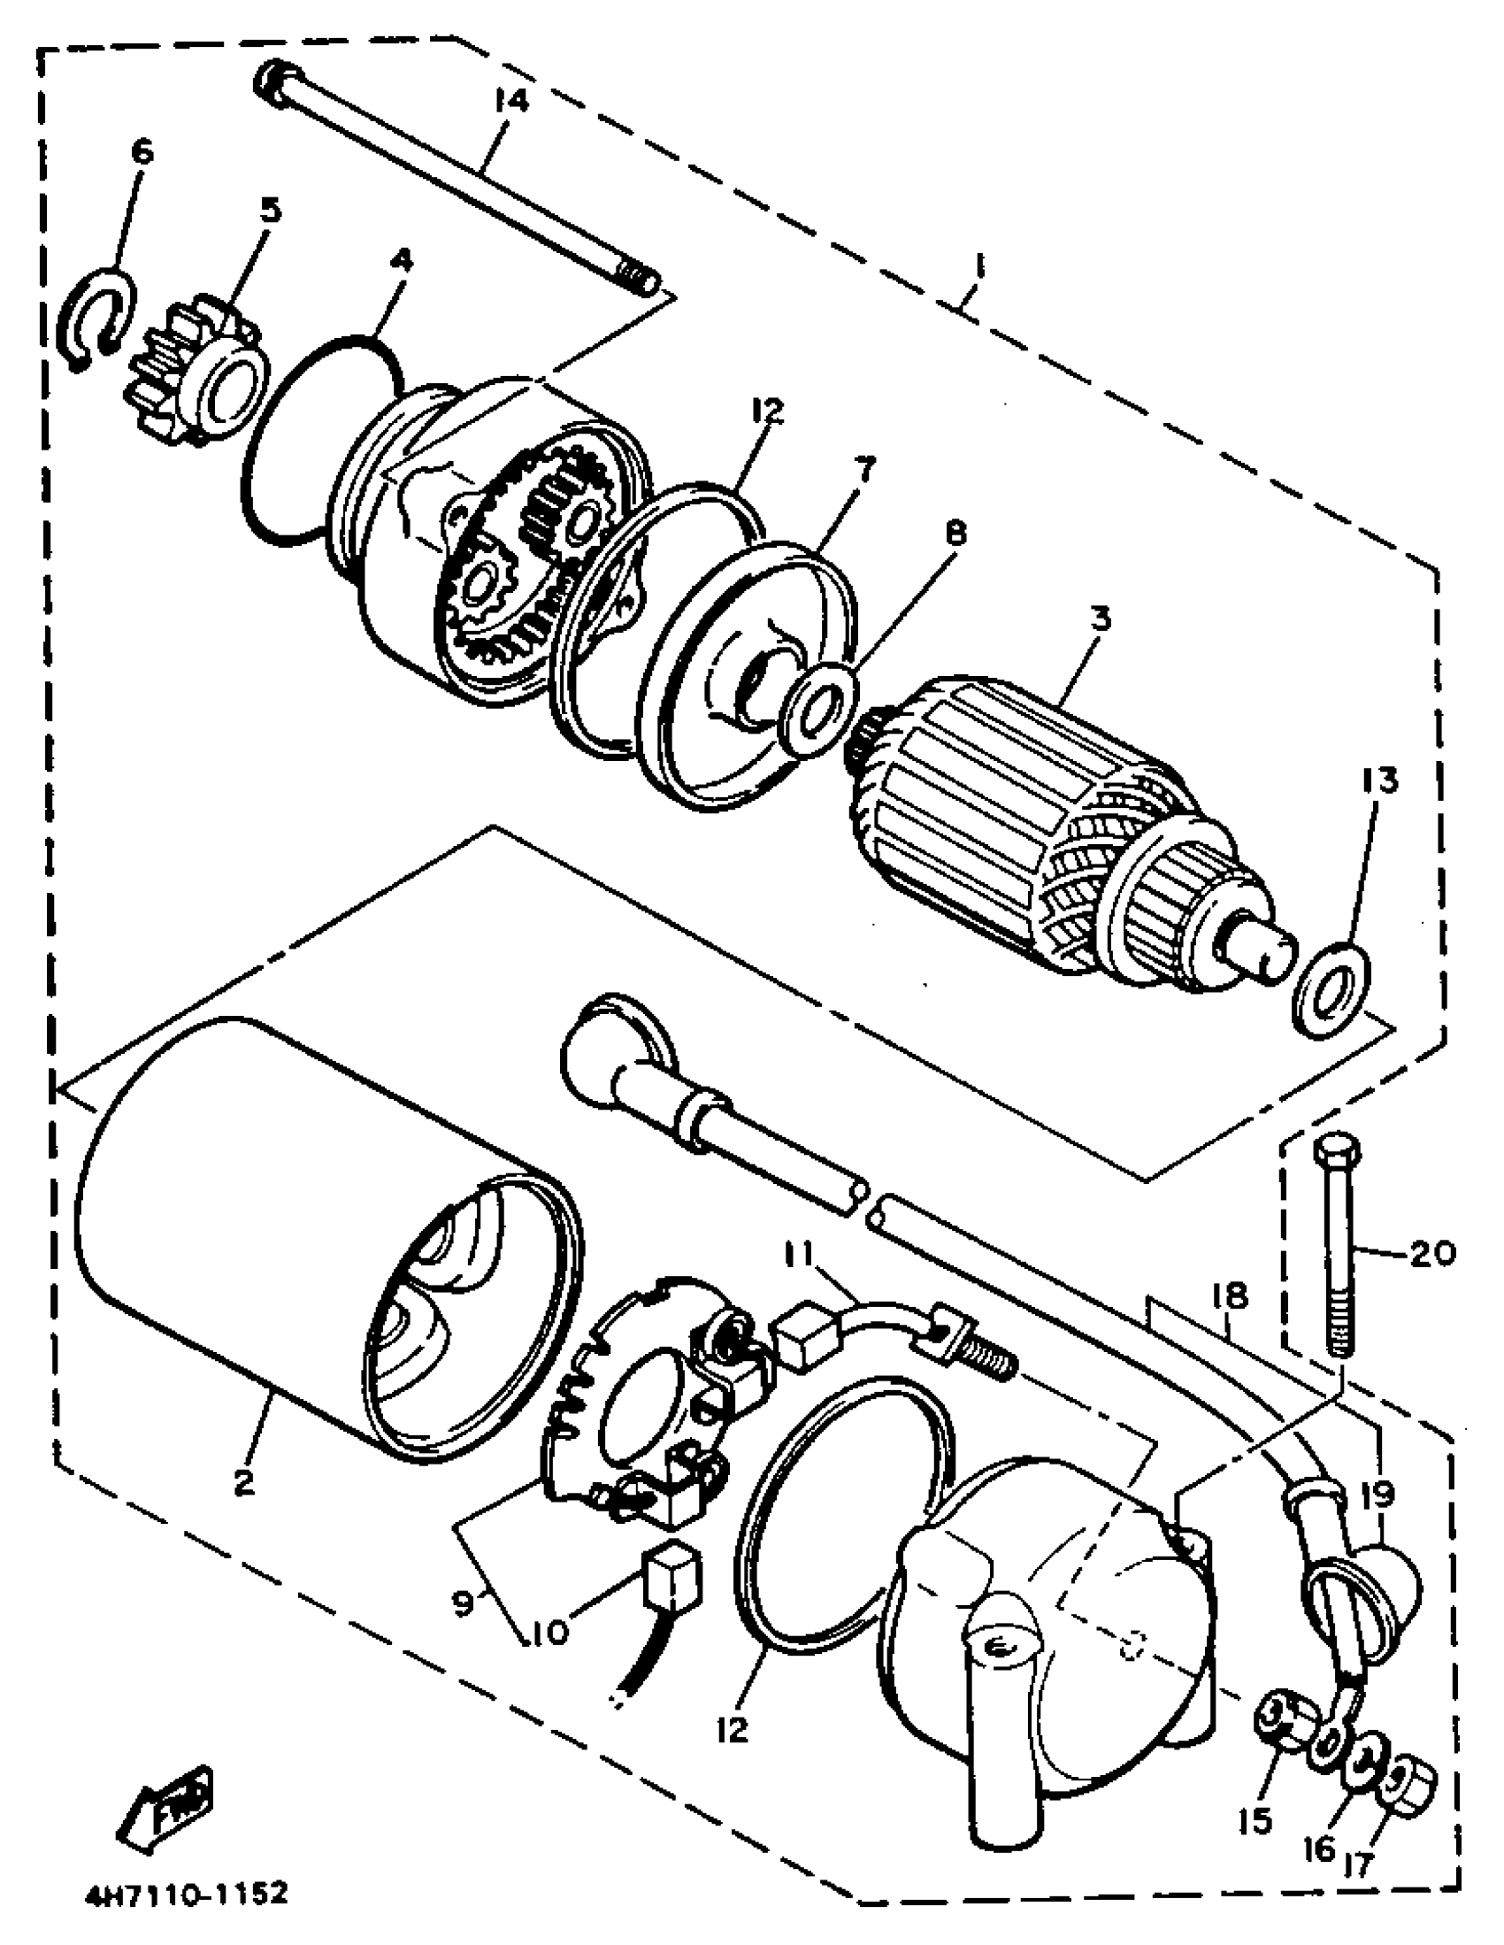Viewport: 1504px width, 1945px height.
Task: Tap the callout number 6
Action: pyautogui.click(x=141, y=151)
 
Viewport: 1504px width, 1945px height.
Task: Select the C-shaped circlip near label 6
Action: pyautogui.click(x=95, y=319)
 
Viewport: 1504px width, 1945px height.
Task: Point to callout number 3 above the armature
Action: pyautogui.click(x=1101, y=619)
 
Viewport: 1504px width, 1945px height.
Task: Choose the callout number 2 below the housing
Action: pyautogui.click(x=243, y=1481)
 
